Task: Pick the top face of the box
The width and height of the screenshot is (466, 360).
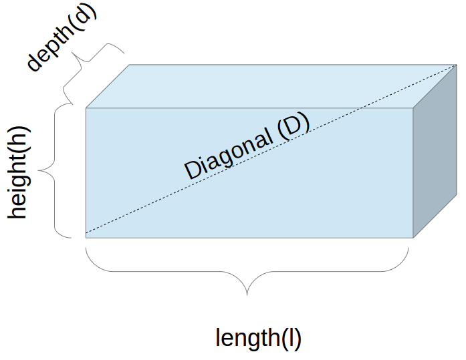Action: coord(267,85)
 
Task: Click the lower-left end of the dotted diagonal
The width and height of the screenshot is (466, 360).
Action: coord(87,234)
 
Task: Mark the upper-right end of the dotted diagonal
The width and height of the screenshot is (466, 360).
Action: coord(456,65)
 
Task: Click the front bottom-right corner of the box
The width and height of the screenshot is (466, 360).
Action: coord(413,237)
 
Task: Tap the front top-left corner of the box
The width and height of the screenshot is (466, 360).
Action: coord(86,108)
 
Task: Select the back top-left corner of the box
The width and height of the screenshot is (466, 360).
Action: coord(129,65)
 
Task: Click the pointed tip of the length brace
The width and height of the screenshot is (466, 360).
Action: coord(248,294)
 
